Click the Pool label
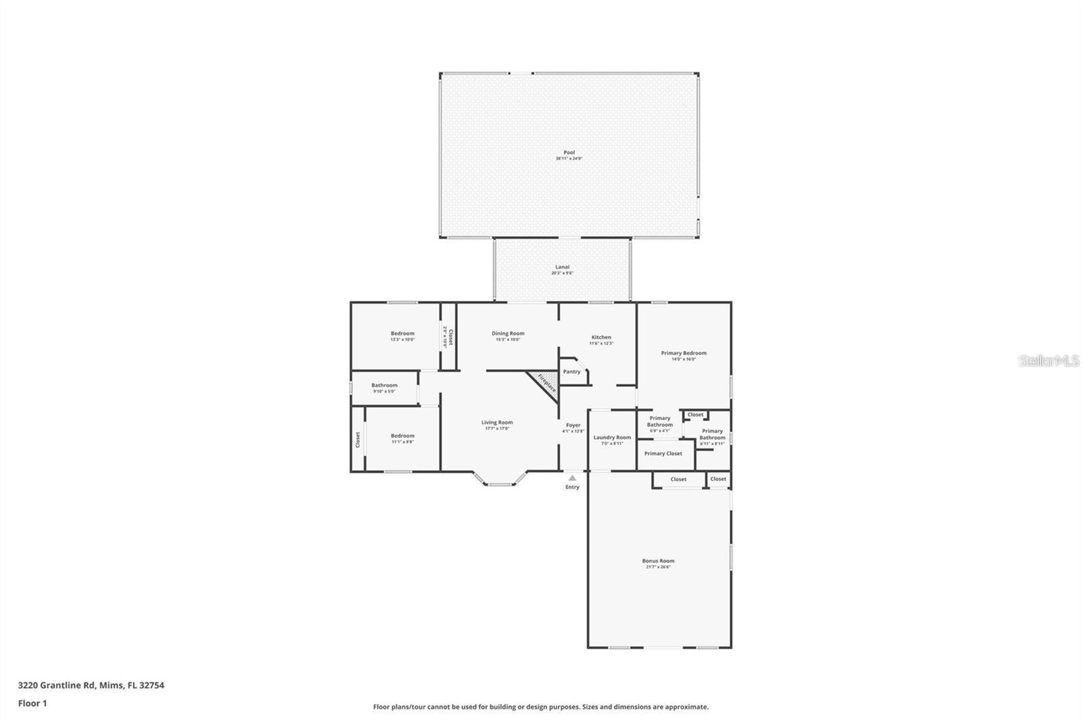(569, 153)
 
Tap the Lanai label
(562, 267)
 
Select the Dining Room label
(508, 333)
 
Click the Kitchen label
(601, 338)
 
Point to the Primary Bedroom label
(684, 353)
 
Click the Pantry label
(572, 371)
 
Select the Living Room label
(497, 423)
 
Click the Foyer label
(573, 425)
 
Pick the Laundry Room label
(612, 438)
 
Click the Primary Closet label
(663, 454)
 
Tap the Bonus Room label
(658, 561)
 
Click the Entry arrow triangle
(573, 478)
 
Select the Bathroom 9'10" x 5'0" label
(384, 386)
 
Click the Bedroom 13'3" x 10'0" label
(402, 333)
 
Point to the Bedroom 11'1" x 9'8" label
(402, 436)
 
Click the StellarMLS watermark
(1049, 361)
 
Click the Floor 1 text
(32, 703)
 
